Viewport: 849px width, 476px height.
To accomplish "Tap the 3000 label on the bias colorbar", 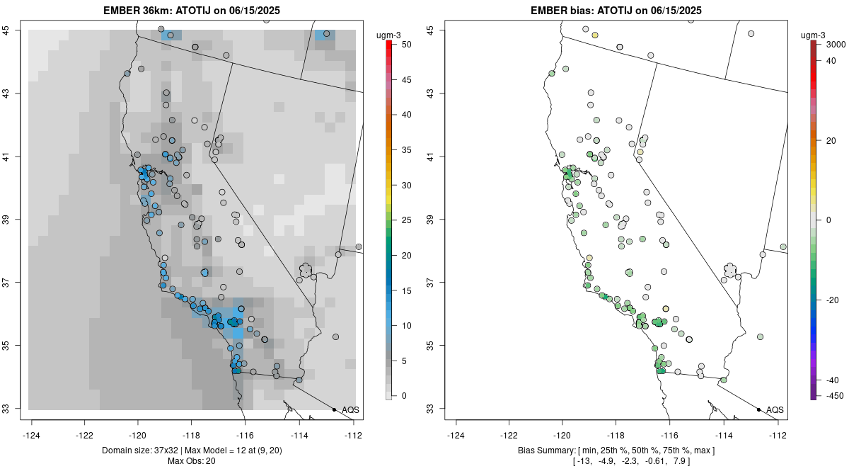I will pos(836,44).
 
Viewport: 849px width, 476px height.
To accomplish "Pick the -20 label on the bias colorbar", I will pos(833,300).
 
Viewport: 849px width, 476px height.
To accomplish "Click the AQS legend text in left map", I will pos(350,409).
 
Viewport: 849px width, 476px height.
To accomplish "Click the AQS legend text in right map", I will pos(775,409).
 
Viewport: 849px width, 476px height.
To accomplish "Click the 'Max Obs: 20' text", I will pos(191,461).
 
